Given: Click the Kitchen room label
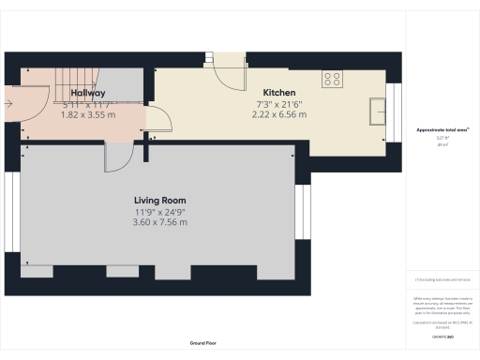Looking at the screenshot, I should (279, 93).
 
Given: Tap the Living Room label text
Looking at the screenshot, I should (159, 201).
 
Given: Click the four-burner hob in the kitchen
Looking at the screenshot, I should (332, 80).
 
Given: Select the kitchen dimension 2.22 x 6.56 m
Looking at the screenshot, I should (279, 115).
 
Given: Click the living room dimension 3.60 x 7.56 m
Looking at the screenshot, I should (159, 223).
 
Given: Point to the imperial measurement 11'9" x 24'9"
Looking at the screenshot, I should (159, 212).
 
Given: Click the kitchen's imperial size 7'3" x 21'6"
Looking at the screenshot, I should (279, 104).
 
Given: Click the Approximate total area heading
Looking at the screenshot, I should (442, 129).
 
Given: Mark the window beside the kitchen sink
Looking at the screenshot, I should (394, 110).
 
